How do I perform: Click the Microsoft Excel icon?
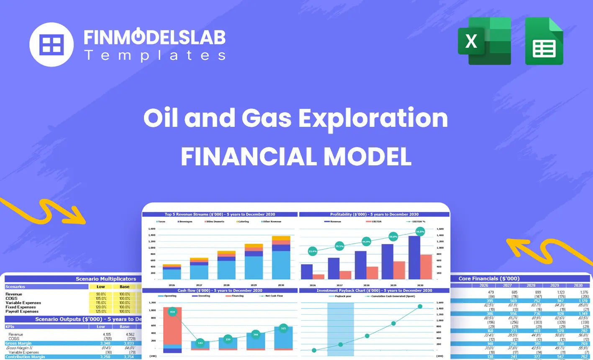(x=484, y=41)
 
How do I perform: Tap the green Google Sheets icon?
(x=544, y=41)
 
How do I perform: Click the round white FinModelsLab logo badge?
(x=51, y=44)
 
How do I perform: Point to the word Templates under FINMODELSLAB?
(x=155, y=55)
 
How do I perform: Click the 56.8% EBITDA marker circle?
(x=420, y=231)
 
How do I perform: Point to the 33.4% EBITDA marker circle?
(x=313, y=252)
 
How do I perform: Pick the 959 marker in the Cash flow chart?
(x=172, y=312)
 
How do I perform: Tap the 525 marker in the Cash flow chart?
(x=283, y=328)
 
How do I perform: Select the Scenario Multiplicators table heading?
(x=106, y=279)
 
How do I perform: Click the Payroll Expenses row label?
(x=22, y=311)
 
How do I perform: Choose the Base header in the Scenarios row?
(x=124, y=287)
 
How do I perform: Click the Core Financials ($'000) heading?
(x=489, y=278)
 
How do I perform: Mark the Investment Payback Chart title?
(x=374, y=291)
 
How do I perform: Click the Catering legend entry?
(x=243, y=221)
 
